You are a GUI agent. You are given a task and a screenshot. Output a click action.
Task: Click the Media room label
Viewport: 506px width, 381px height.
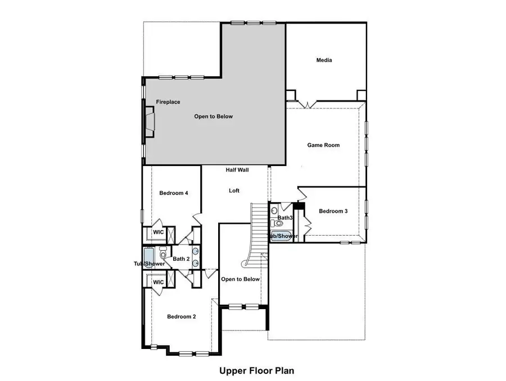pyautogui.click(x=324, y=60)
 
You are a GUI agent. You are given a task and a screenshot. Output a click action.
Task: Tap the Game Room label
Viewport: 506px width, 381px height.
pyautogui.click(x=323, y=145)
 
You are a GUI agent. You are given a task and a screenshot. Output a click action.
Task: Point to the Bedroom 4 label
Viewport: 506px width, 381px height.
pyautogui.click(x=173, y=193)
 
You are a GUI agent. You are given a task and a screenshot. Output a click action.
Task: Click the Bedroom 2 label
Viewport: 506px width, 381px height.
pyautogui.click(x=182, y=316)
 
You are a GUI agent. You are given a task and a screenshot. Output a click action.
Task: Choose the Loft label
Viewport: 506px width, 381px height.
pyautogui.click(x=234, y=191)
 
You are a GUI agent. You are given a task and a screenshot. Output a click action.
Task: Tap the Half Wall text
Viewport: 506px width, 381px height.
pyautogui.click(x=237, y=170)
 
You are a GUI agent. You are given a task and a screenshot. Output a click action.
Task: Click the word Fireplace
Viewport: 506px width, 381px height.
pyautogui.click(x=168, y=102)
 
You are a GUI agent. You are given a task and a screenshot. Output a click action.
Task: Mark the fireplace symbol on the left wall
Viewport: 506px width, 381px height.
pyautogui.click(x=149, y=121)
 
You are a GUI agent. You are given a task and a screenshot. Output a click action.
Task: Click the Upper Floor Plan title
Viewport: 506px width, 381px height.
pyautogui.click(x=256, y=370)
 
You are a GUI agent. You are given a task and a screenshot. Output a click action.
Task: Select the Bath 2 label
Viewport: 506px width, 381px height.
pyautogui.click(x=180, y=259)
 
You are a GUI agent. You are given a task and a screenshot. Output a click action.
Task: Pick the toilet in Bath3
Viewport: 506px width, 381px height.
pyautogui.click(x=279, y=223)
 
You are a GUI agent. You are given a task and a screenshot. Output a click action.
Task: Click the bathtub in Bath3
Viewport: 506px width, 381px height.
pyautogui.click(x=282, y=236)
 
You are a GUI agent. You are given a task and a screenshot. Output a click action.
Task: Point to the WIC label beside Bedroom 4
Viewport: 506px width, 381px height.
pyautogui.click(x=159, y=232)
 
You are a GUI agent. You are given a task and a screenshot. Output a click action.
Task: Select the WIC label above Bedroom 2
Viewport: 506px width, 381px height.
pyautogui.click(x=159, y=282)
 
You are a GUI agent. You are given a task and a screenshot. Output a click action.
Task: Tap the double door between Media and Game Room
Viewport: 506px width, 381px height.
pyautogui.click(x=307, y=104)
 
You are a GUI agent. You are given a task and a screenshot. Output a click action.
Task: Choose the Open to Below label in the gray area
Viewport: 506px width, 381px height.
pyautogui.click(x=213, y=117)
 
